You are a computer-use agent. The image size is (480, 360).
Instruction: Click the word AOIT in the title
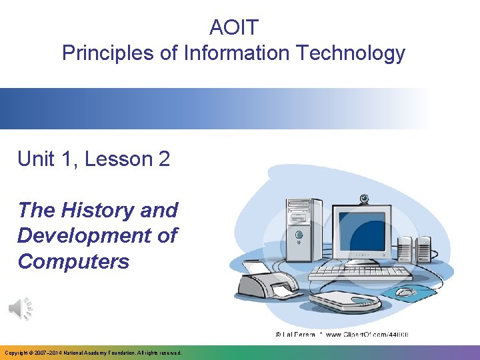(233, 28)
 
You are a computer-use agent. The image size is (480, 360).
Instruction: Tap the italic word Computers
(73, 261)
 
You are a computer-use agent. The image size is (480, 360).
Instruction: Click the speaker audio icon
(21, 308)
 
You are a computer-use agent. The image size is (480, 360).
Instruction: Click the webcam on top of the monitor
(364, 199)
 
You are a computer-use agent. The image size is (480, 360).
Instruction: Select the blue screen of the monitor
(362, 230)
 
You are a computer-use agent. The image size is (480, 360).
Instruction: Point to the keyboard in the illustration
(360, 273)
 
